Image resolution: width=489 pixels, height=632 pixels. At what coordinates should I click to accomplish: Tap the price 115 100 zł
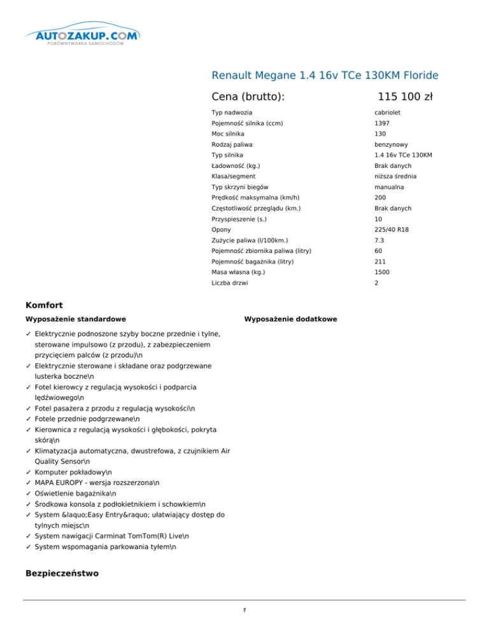coord(405,97)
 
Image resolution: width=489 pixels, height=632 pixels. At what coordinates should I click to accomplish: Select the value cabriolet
coord(387,113)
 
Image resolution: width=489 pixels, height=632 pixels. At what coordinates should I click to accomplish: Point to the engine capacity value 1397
coord(382,123)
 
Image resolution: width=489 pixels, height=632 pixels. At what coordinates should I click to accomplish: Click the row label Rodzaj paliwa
coord(232,144)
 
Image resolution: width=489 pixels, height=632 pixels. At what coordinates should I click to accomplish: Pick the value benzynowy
coord(392,144)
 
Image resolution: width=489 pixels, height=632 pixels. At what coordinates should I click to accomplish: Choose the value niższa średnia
coord(396,176)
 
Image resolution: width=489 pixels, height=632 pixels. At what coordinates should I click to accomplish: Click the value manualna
coord(390,187)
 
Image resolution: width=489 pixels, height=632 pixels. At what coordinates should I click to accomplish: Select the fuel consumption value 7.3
coord(378,240)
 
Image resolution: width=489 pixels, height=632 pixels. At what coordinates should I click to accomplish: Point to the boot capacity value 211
coord(379,261)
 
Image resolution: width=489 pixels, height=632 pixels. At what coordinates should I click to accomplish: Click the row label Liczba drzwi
coord(230,283)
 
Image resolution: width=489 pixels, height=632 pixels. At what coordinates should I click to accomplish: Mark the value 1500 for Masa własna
coord(382,272)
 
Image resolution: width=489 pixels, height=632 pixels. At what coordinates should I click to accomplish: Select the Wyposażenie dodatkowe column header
coord(291,319)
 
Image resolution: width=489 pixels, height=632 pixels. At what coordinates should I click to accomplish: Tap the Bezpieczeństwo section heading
coord(62,574)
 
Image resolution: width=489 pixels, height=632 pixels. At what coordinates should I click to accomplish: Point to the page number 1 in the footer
coord(244,611)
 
